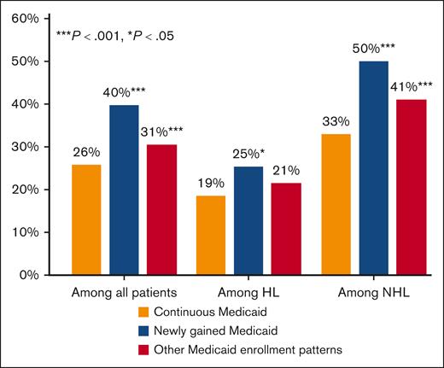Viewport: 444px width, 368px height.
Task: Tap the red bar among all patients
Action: pos(163,209)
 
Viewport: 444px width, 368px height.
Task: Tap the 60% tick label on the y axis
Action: pos(26,19)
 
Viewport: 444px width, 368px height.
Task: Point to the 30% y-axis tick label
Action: pos(26,147)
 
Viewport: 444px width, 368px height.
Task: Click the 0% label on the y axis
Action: pos(30,275)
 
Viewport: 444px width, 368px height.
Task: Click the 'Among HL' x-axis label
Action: pos(248,292)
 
